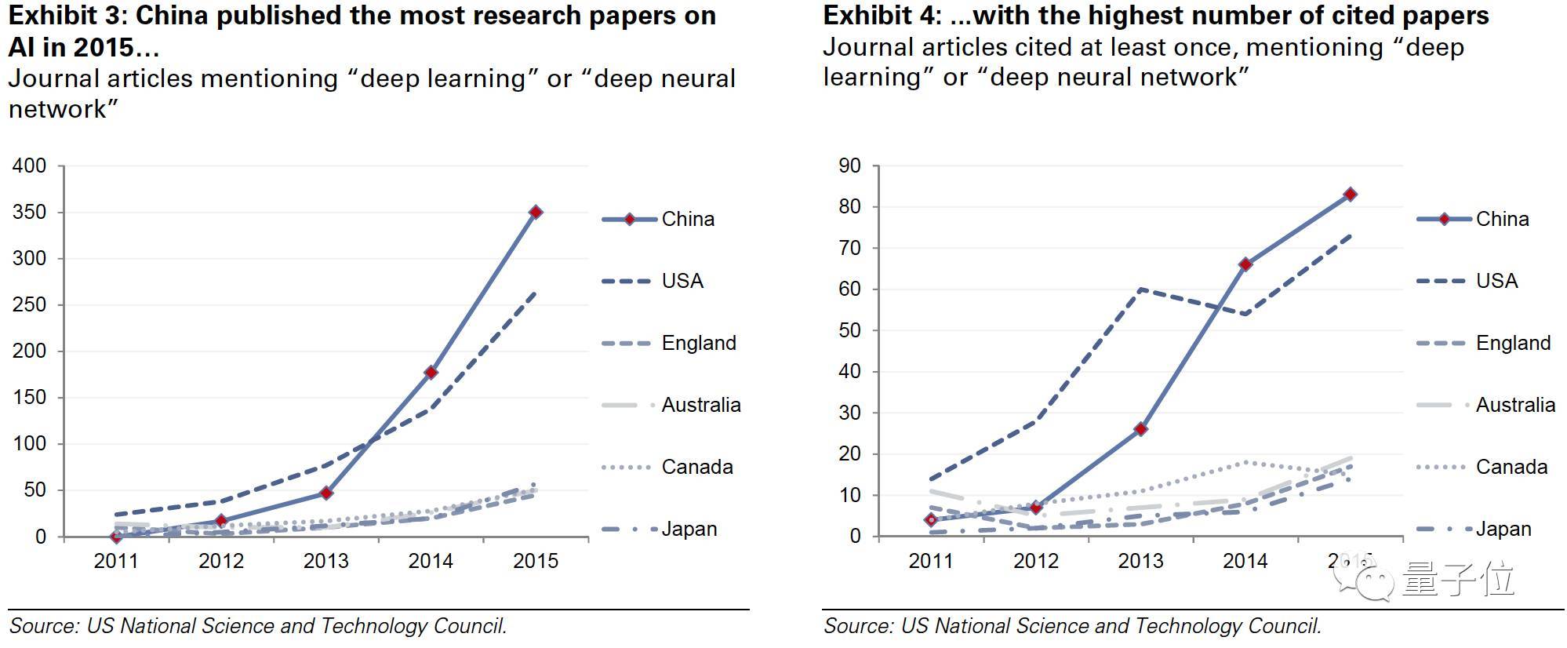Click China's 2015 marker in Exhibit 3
coord(536,212)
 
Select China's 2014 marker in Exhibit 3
coord(431,373)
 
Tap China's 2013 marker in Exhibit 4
coord(1141,429)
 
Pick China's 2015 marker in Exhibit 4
coord(1350,195)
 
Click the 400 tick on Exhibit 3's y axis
coord(30,166)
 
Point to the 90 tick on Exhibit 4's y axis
coord(849,166)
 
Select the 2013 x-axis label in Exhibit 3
coord(325,561)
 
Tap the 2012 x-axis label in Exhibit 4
coord(1036,561)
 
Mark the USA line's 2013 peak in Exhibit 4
coord(1141,289)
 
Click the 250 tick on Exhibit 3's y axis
coord(30,304)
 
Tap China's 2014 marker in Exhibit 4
coord(1245,264)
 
